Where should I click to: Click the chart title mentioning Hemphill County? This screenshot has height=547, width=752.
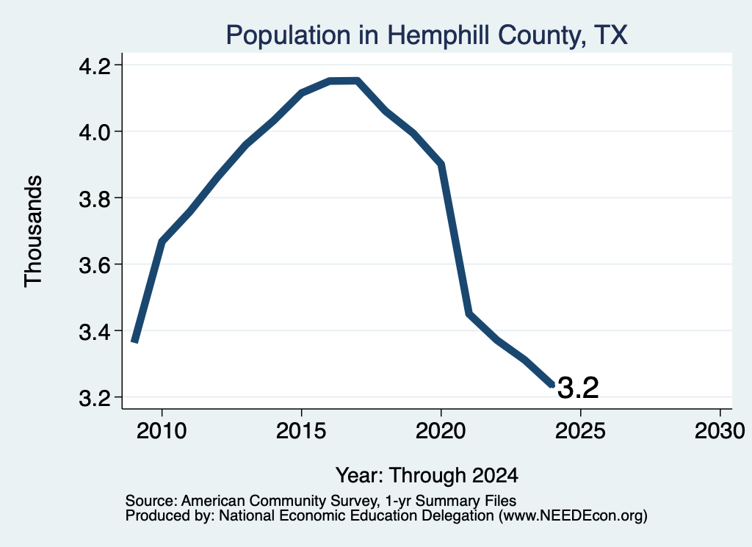point(427,36)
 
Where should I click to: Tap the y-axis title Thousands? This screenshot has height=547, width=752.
point(34,231)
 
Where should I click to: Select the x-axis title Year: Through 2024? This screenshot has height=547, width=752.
point(427,476)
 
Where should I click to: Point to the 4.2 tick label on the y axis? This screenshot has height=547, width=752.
point(94,65)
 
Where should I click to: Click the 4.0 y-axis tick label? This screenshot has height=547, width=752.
point(94,131)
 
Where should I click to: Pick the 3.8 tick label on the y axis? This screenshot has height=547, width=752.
point(94,198)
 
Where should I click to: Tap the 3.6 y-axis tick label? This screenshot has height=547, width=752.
point(94,264)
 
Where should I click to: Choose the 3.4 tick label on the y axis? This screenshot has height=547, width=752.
point(94,331)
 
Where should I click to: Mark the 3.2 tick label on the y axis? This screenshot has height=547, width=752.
point(94,398)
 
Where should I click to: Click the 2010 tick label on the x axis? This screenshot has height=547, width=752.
point(162,430)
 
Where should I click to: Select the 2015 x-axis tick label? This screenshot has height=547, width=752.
point(301,430)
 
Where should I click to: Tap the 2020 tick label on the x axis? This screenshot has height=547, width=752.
point(441,430)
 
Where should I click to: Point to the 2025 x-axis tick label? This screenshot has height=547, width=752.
point(580,430)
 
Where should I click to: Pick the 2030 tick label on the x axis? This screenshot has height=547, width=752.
point(720,430)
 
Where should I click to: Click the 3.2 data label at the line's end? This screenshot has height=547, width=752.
point(578,388)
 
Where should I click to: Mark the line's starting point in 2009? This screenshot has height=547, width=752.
point(135,341)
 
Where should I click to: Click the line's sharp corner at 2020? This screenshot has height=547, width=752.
point(441,164)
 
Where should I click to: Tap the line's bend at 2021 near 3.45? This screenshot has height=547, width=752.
point(469,314)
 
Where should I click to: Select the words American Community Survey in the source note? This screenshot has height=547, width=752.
point(278,501)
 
